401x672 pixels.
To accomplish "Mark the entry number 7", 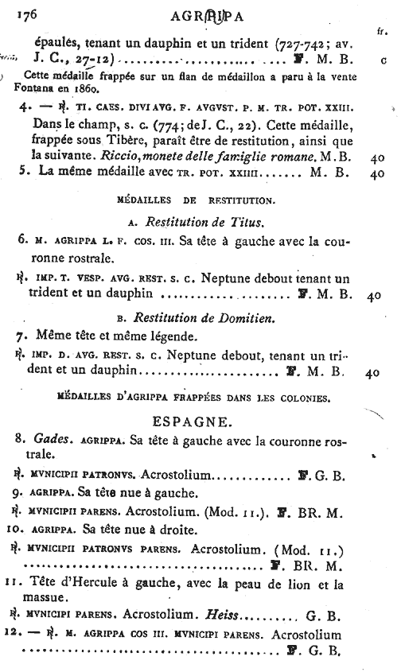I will pos(21,336).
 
